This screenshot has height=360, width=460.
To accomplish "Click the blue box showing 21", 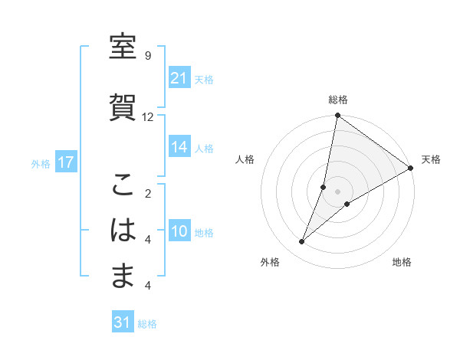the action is click(x=179, y=78).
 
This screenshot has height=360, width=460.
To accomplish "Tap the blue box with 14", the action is click(x=179, y=148).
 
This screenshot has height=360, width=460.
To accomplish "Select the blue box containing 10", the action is click(x=179, y=232).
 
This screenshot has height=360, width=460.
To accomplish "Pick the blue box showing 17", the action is click(x=65, y=162).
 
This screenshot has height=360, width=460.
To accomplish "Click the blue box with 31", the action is click(x=123, y=322).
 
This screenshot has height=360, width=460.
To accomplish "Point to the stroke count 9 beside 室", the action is click(x=147, y=56).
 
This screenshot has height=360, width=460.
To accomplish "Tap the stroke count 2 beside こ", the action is click(x=147, y=194).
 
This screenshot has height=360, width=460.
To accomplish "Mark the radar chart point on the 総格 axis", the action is click(x=337, y=116).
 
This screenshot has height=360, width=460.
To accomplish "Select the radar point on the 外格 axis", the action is click(x=301, y=242).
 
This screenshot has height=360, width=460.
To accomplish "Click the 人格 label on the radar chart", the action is click(x=245, y=159).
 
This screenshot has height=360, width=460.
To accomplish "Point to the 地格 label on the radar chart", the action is click(x=402, y=263).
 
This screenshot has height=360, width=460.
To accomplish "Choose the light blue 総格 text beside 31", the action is click(x=147, y=324).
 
